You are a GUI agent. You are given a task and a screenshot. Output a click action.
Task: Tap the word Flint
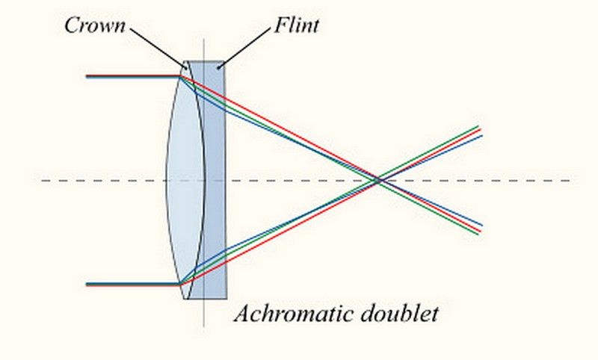coord(295,26)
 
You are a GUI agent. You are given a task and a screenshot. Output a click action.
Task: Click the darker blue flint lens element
coord(216,179)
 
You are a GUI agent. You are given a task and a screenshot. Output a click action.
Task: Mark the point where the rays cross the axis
coord(379,180)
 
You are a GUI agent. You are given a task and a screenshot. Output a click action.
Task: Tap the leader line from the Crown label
coord(158,47)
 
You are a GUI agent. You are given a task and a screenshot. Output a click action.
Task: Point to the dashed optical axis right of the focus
coord(486,180)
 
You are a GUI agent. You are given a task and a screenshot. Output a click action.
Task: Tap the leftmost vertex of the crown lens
coord(167,179)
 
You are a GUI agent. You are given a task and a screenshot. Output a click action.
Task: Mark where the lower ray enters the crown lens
coord(181,284)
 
